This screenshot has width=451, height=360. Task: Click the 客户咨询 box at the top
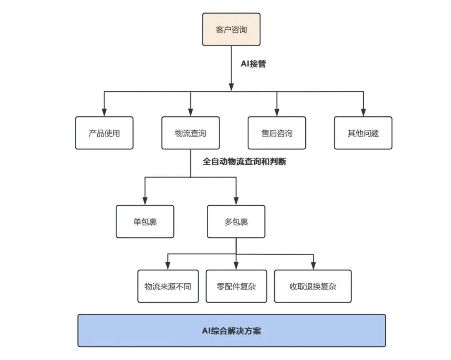pyautogui.click(x=231, y=29)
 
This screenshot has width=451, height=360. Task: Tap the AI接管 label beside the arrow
pyautogui.click(x=253, y=63)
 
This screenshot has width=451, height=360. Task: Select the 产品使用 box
pyautogui.click(x=104, y=133)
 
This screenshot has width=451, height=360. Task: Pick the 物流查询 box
pyautogui.click(x=190, y=133)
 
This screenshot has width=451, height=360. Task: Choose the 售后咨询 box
pyautogui.click(x=277, y=133)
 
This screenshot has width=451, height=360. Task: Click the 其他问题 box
pyautogui.click(x=363, y=133)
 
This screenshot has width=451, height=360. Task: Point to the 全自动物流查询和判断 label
pyautogui.click(x=244, y=161)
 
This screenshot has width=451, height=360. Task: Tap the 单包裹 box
pyautogui.click(x=145, y=222)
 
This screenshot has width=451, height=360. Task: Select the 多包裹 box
pyautogui.click(x=236, y=222)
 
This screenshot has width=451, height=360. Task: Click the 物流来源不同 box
pyautogui.click(x=168, y=286)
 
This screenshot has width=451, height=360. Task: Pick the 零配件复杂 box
pyautogui.click(x=236, y=286)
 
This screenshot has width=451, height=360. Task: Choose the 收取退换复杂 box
pyautogui.click(x=313, y=286)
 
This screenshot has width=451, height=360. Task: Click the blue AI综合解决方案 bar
pyautogui.click(x=231, y=330)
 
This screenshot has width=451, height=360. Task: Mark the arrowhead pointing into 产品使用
pyautogui.click(x=104, y=113)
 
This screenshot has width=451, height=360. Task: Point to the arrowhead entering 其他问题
pyautogui.click(x=363, y=113)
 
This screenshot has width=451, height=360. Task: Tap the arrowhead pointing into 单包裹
pyautogui.click(x=145, y=201)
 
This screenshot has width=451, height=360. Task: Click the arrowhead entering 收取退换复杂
pyautogui.click(x=313, y=266)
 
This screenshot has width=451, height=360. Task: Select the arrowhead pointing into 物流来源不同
pyautogui.click(x=168, y=266)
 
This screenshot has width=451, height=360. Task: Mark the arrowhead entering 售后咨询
pyautogui.click(x=277, y=113)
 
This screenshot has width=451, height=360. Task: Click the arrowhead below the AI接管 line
pyautogui.click(x=231, y=87)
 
